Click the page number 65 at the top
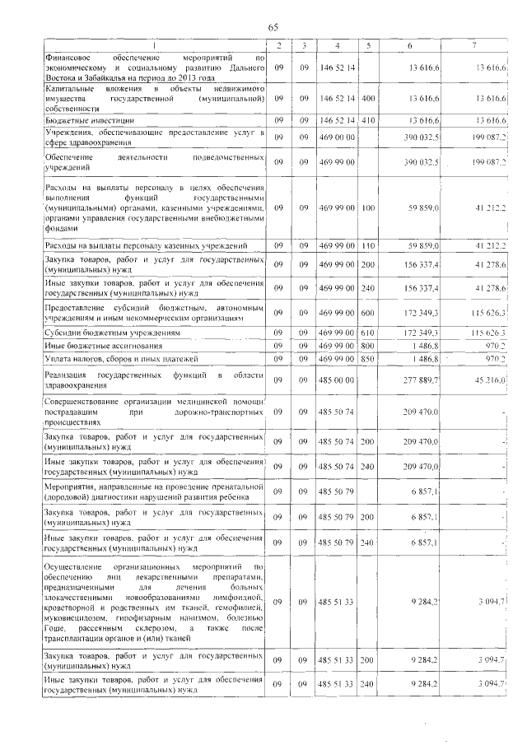[x=273, y=28]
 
